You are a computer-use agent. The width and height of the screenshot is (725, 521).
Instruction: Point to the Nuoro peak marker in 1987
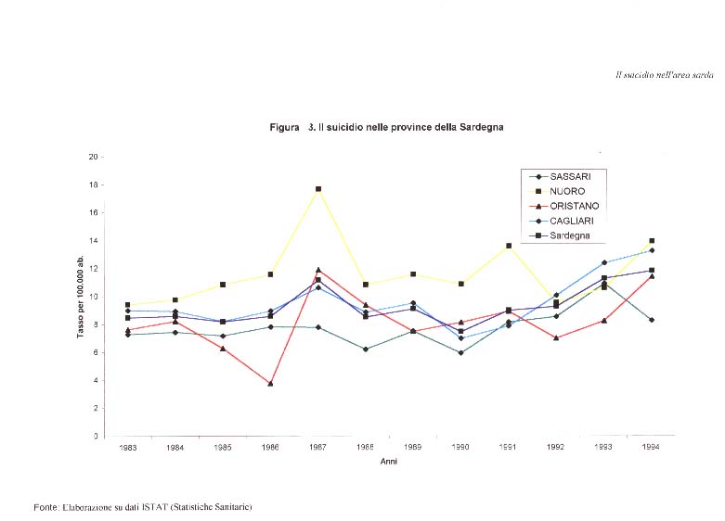tap(318, 189)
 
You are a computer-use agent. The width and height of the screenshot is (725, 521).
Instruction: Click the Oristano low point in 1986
tap(270, 383)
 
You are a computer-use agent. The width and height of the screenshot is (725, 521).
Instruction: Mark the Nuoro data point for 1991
tap(509, 246)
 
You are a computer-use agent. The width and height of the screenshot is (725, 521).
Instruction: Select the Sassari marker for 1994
tap(652, 320)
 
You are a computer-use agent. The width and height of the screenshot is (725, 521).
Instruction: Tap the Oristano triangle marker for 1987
tap(318, 270)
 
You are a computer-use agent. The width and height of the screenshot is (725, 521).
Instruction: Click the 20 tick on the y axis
tap(93, 157)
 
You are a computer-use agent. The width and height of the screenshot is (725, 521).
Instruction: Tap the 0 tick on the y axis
tap(95, 436)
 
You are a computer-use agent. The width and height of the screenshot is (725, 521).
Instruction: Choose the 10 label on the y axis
tap(93, 297)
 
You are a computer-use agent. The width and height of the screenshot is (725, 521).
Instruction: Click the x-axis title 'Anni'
tap(389, 461)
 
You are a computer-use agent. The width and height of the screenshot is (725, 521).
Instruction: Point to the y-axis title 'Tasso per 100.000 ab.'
tap(81, 297)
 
